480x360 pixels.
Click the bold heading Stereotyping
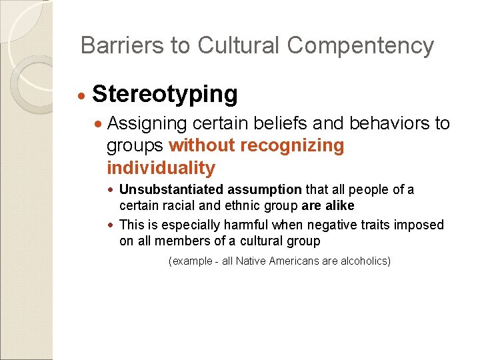point(165,95)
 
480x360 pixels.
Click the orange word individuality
point(161,167)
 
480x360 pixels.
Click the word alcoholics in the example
point(365,261)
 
